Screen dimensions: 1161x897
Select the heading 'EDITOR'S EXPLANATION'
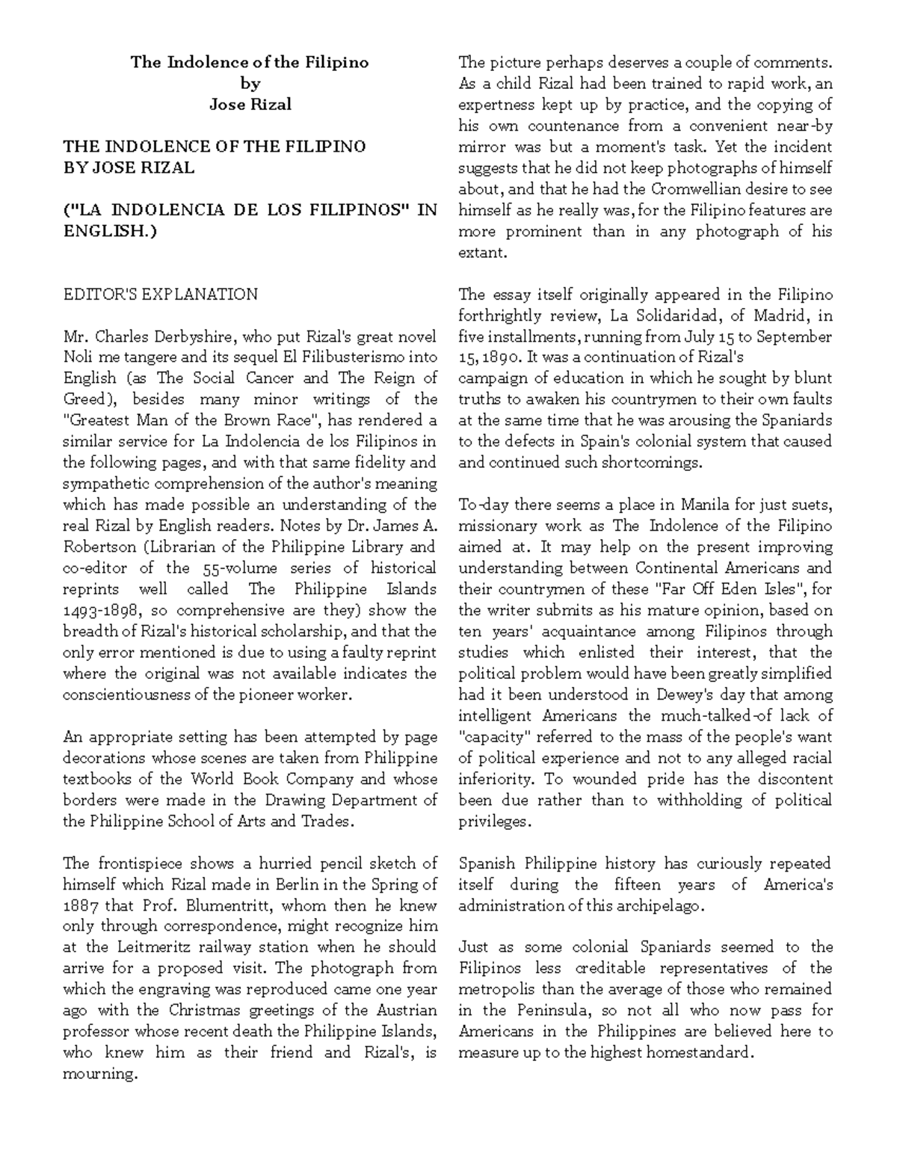click(160, 294)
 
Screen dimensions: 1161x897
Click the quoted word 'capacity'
click(487, 736)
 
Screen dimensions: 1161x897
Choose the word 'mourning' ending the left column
click(99, 1074)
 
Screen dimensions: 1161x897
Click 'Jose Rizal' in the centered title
click(250, 104)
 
